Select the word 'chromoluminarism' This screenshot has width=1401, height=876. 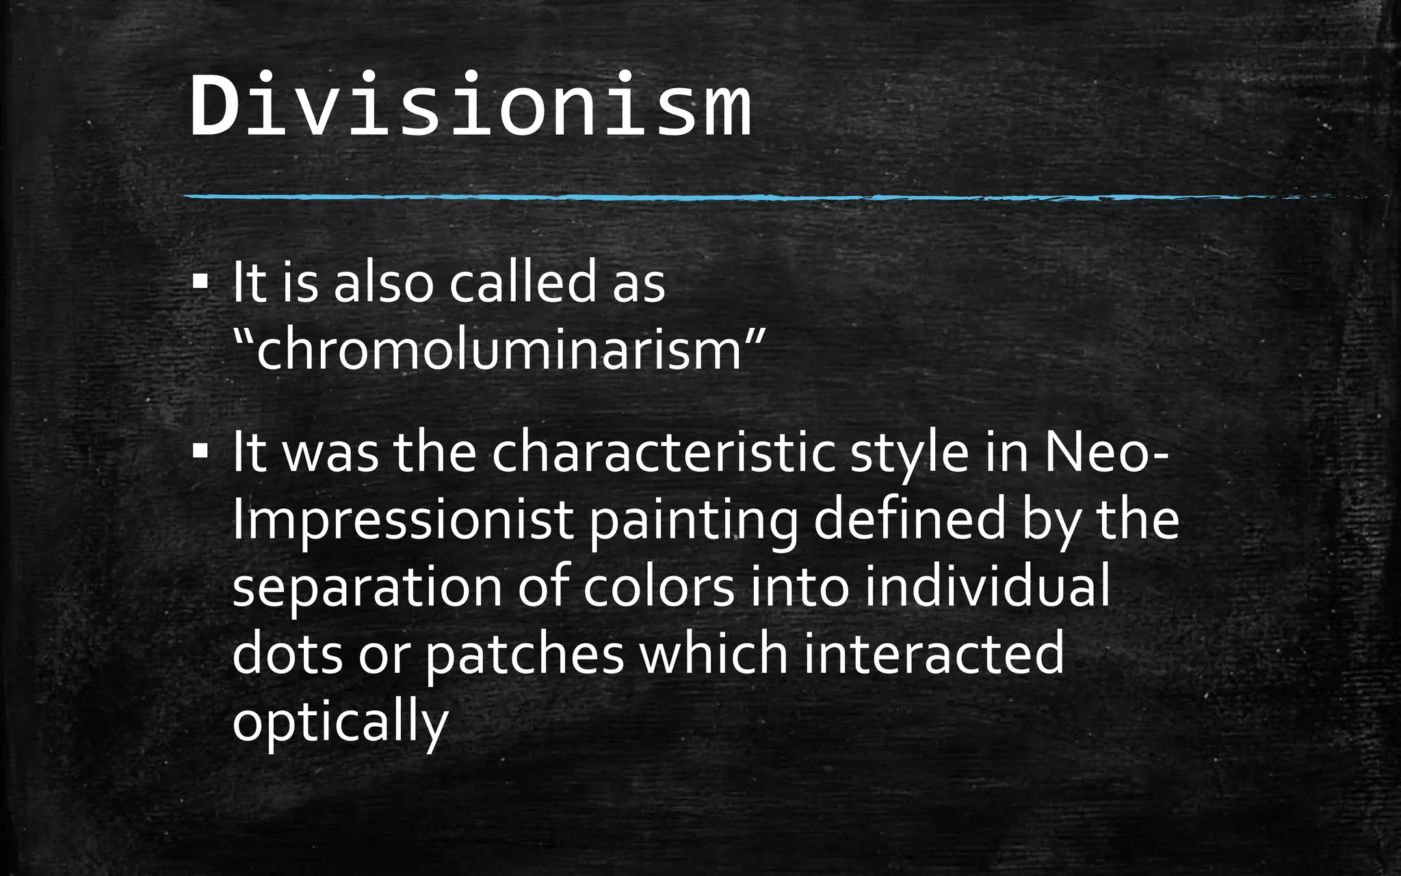(498, 350)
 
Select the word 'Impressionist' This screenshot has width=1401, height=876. (402, 520)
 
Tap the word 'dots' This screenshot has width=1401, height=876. (287, 654)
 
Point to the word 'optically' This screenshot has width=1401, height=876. (340, 723)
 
